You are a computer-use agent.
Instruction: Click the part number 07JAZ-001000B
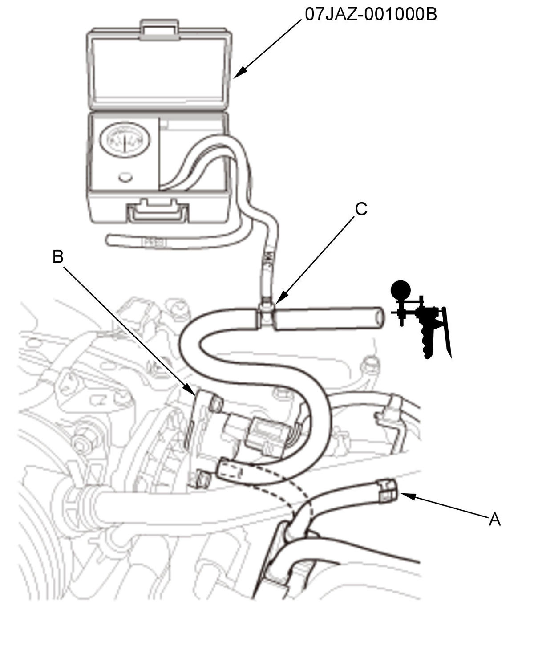pos(371,14)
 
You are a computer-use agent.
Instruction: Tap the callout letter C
pos(361,209)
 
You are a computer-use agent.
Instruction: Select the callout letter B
pos(58,256)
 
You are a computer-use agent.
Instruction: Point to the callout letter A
pos(494,519)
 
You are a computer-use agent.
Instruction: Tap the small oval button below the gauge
pos(125,177)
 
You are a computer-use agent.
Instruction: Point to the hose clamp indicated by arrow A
pos(387,491)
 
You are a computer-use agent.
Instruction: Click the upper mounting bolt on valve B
pos(216,404)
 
